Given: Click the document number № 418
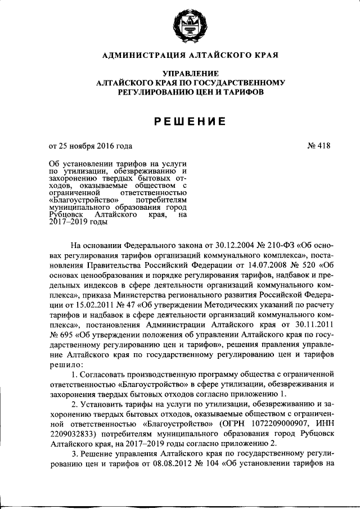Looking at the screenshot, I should [x=319, y=146].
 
